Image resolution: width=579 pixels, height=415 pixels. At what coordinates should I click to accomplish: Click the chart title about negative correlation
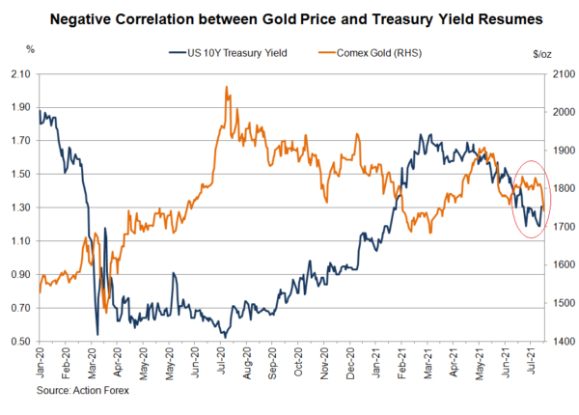pyautogui.click(x=289, y=18)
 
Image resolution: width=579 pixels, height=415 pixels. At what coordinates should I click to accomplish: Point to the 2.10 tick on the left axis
pyautogui.click(x=19, y=73)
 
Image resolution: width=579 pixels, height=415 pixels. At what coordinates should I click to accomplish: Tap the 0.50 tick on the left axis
pyautogui.click(x=19, y=342)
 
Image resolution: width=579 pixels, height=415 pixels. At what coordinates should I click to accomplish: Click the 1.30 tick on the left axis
pyautogui.click(x=19, y=207)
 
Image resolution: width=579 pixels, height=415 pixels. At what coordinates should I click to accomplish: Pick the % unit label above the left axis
pyautogui.click(x=30, y=49)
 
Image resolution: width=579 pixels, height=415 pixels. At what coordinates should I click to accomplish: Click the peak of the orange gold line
pyautogui.click(x=226, y=87)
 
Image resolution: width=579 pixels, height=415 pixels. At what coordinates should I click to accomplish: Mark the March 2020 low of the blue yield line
pyautogui.click(x=97, y=334)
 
